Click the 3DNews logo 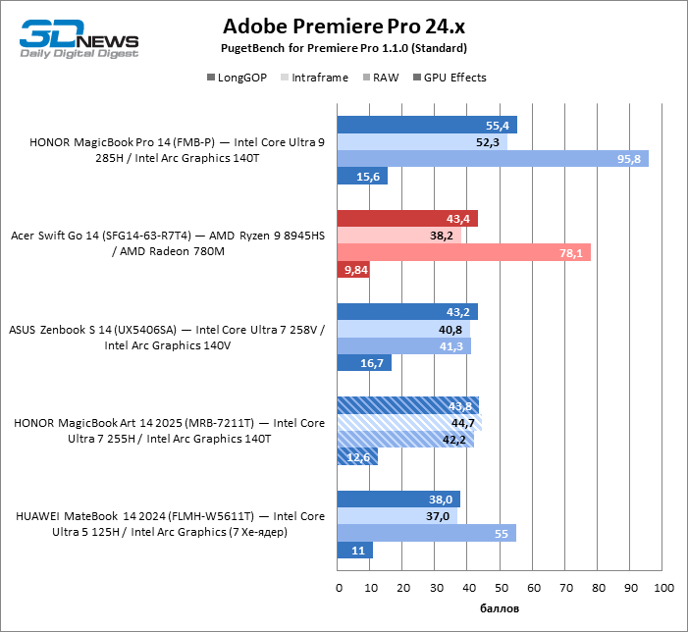[79, 38]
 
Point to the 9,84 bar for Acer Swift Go [353, 270]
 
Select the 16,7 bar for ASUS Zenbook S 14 [364, 363]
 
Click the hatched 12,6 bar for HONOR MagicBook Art [357, 456]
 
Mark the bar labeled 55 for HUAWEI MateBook [426, 533]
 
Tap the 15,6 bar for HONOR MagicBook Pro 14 [362, 177]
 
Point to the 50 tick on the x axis [500, 588]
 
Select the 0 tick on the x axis [339, 588]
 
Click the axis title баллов [500, 609]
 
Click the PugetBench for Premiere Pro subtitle [344, 48]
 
